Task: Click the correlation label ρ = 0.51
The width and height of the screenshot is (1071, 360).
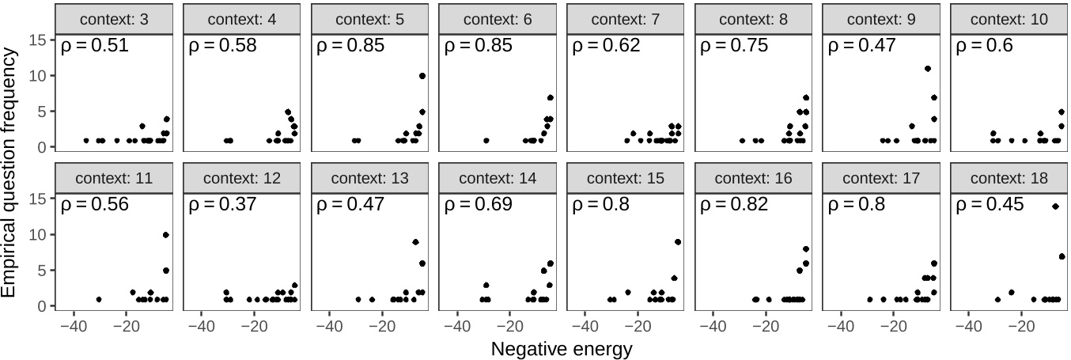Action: coord(95,46)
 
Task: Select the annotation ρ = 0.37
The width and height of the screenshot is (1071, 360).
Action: coord(222,205)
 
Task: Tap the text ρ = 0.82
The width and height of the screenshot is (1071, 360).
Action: coord(733,205)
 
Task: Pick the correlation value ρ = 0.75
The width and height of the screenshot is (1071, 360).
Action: coord(733,46)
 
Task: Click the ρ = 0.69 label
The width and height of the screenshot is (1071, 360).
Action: coord(478,205)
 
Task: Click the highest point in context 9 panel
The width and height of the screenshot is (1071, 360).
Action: coord(928,69)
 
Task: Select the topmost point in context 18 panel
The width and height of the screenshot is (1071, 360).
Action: coord(1055,207)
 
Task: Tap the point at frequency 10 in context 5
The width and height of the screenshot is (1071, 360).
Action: coord(422,76)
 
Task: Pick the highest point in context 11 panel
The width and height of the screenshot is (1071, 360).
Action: coord(166,235)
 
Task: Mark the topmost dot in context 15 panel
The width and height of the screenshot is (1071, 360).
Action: coord(678,242)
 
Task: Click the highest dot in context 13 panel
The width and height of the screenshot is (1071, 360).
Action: coord(415,242)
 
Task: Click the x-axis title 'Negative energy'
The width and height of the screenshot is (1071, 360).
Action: coord(562,349)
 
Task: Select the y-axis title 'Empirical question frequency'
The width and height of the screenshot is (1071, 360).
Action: coord(10,172)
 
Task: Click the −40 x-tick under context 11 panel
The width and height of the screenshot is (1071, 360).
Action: coord(73,324)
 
